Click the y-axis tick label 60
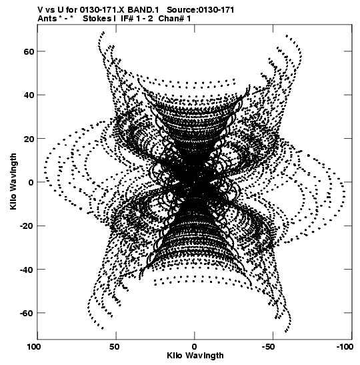[x=29, y=51]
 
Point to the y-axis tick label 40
[x=29, y=95]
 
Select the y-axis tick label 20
[x=29, y=139]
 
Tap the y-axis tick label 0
[x=31, y=182]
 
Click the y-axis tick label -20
[x=27, y=226]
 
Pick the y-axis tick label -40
[x=27, y=270]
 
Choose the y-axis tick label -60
[x=27, y=313]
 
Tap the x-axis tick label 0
[x=195, y=347]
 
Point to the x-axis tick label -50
[x=271, y=347]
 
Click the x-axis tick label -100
[x=345, y=347]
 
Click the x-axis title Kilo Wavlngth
[x=195, y=356]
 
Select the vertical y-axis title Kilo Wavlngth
[x=13, y=181]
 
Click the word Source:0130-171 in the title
[x=201, y=10]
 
